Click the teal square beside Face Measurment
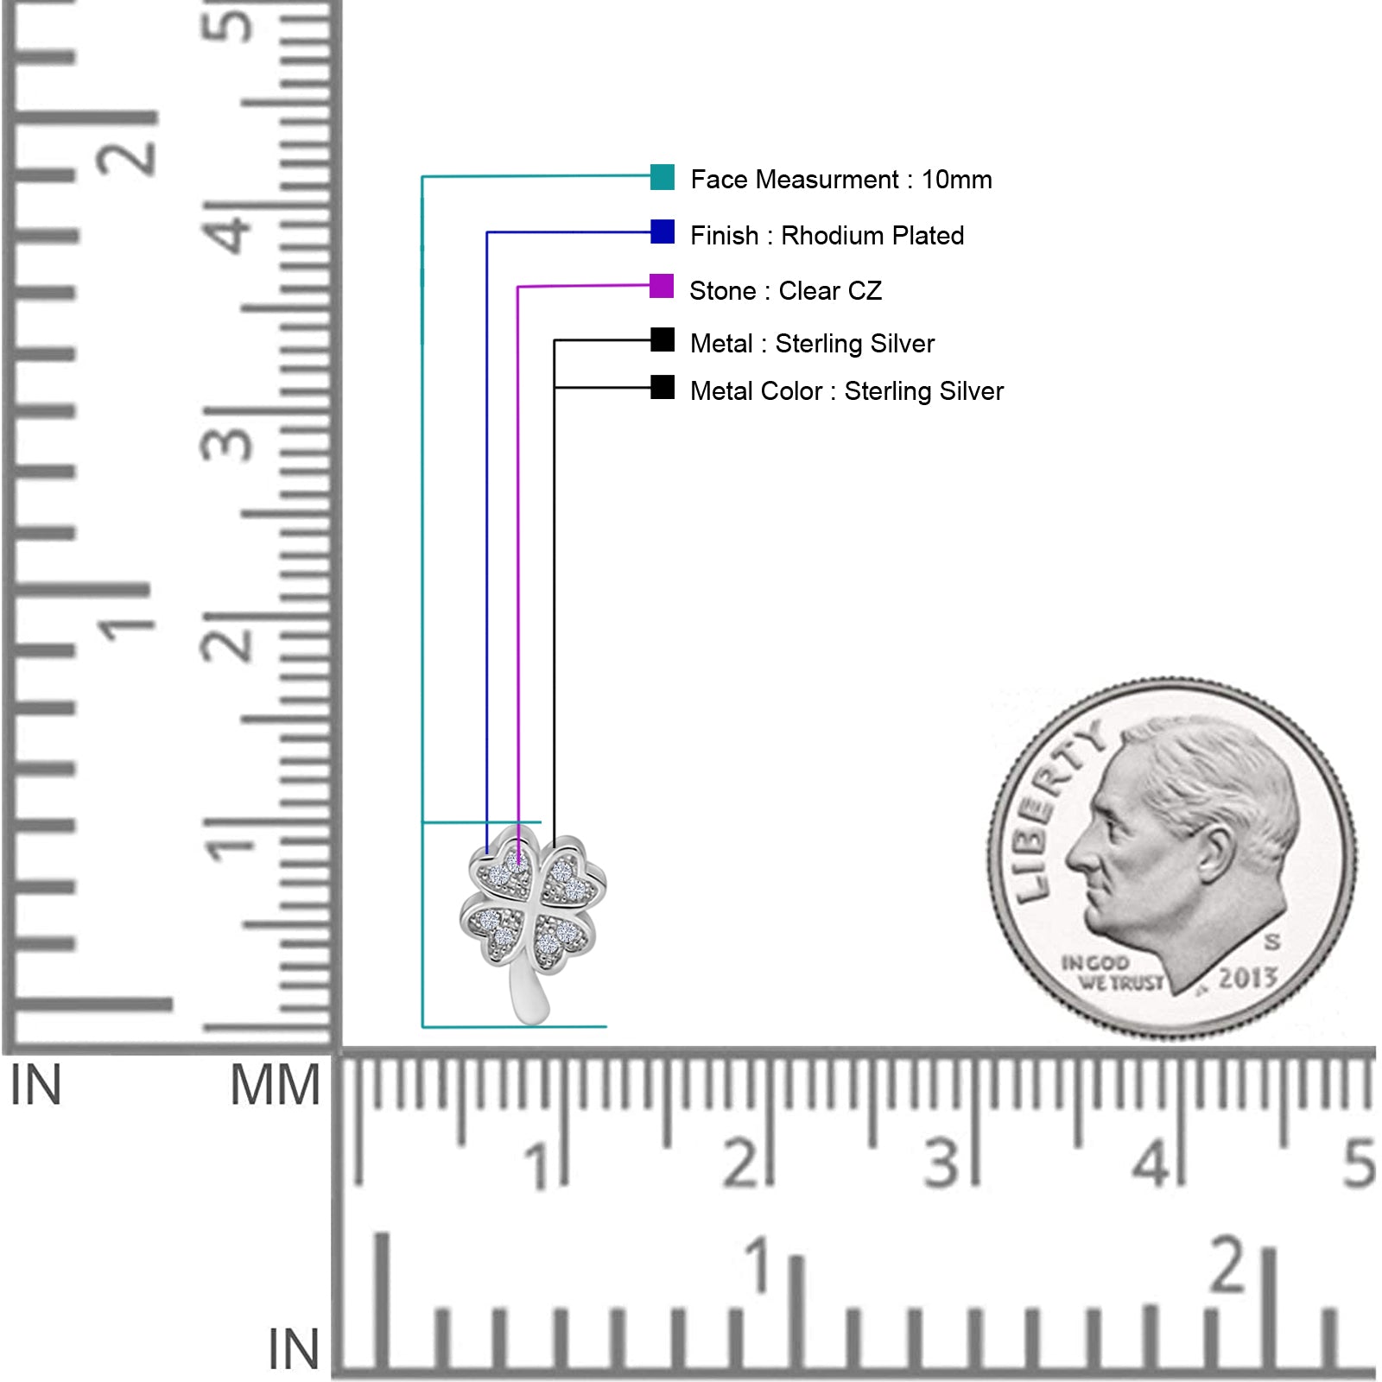tap(662, 176)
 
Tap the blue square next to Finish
tap(662, 231)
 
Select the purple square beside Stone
tap(662, 286)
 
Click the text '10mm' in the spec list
tap(957, 180)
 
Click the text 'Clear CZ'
tap(830, 291)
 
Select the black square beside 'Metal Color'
tap(662, 387)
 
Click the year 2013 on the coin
tap(1247, 978)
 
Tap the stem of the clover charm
tap(529, 993)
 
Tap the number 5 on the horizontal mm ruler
tap(1358, 1163)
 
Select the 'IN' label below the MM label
tap(294, 1349)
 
